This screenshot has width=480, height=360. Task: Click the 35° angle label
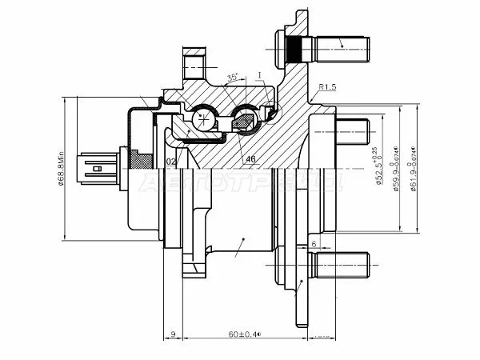(x=234, y=78)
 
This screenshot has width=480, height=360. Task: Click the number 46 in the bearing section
(x=250, y=158)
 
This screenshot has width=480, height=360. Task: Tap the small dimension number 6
(x=314, y=244)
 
